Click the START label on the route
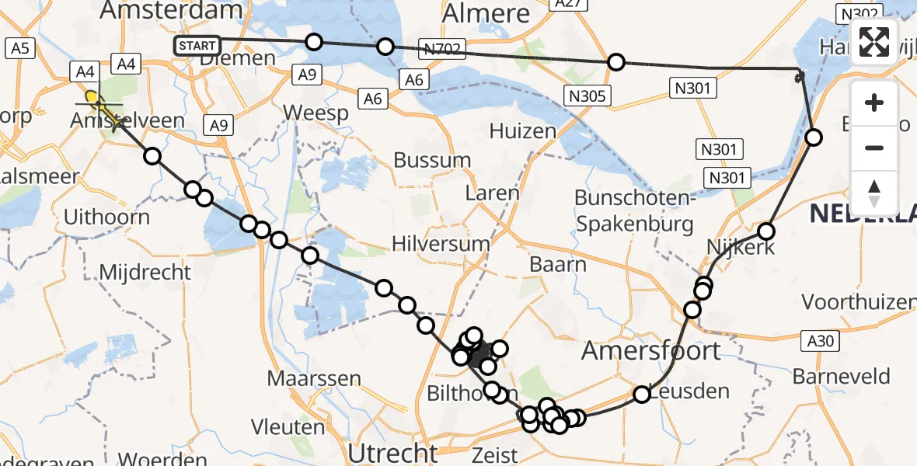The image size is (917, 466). click(x=197, y=46)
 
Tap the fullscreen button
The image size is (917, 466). click(x=874, y=41)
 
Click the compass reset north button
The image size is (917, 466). click(x=874, y=193)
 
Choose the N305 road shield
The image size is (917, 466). click(x=589, y=96)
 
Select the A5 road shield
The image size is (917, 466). click(x=20, y=48)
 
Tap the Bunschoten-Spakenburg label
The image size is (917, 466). click(x=634, y=211)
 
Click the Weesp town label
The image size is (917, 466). click(x=316, y=113)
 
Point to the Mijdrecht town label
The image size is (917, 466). click(x=145, y=273)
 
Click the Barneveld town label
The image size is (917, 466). click(x=842, y=377)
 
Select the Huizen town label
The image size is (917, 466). click(x=523, y=131)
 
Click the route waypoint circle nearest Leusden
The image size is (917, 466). click(x=642, y=395)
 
